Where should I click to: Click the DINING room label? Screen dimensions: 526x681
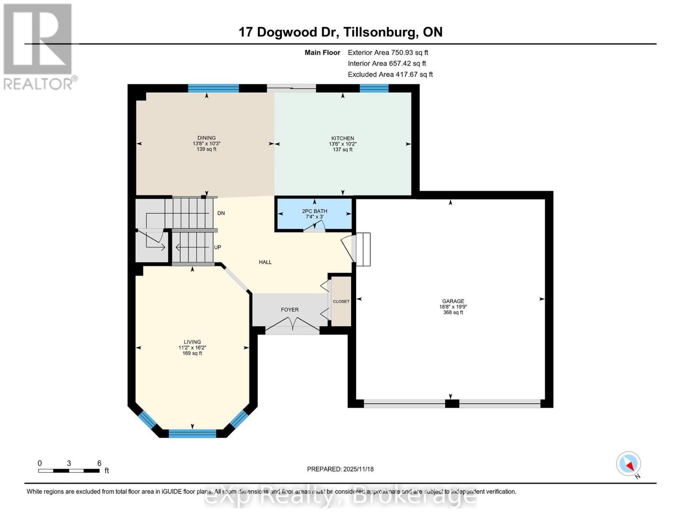click(x=207, y=138)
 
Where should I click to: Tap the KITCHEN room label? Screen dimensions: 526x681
click(x=342, y=139)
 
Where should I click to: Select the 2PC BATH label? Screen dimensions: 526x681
click(x=314, y=211)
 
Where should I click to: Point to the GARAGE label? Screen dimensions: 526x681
click(x=453, y=302)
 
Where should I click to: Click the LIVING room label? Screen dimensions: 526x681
click(x=192, y=342)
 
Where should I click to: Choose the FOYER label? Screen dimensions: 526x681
click(x=289, y=310)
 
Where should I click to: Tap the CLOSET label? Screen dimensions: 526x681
click(x=341, y=302)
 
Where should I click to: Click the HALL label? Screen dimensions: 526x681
click(x=265, y=262)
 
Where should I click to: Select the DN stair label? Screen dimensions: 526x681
click(x=221, y=213)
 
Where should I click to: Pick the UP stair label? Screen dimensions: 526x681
click(x=217, y=247)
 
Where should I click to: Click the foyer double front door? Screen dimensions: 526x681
click(x=293, y=324)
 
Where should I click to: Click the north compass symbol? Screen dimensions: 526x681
click(x=629, y=464)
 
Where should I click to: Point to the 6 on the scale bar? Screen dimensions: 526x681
click(x=100, y=463)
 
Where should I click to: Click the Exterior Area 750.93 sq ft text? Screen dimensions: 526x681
click(x=388, y=53)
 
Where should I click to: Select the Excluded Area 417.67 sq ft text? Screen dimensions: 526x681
click(x=390, y=75)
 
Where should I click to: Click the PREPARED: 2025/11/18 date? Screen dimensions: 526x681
click(x=340, y=469)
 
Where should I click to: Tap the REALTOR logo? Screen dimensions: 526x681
click(x=38, y=46)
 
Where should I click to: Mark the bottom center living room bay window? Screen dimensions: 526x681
click(x=192, y=434)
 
